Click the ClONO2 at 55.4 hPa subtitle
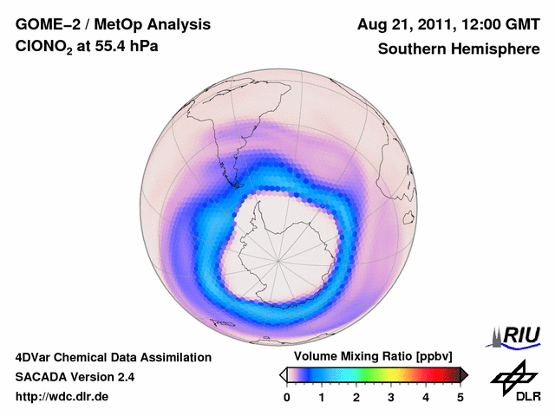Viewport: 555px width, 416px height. click(82, 49)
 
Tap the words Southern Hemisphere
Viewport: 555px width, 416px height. click(458, 49)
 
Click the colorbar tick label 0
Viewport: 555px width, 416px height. click(287, 397)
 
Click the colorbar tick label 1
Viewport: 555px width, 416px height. click(322, 397)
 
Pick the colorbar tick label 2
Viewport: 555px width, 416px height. click(356, 397)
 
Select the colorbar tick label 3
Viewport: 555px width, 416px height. click(391, 397)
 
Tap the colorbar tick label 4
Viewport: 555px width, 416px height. click(426, 397)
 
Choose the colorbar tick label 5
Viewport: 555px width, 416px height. click(460, 397)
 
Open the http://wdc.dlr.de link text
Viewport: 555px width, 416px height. click(62, 398)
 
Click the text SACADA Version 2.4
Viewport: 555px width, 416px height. click(75, 377)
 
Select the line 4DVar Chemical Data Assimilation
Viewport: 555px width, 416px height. click(113, 357)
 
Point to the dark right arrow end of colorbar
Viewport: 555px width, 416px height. click(464, 374)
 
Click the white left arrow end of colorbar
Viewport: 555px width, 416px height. click(283, 374)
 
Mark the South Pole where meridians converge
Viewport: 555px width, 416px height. click(278, 258)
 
